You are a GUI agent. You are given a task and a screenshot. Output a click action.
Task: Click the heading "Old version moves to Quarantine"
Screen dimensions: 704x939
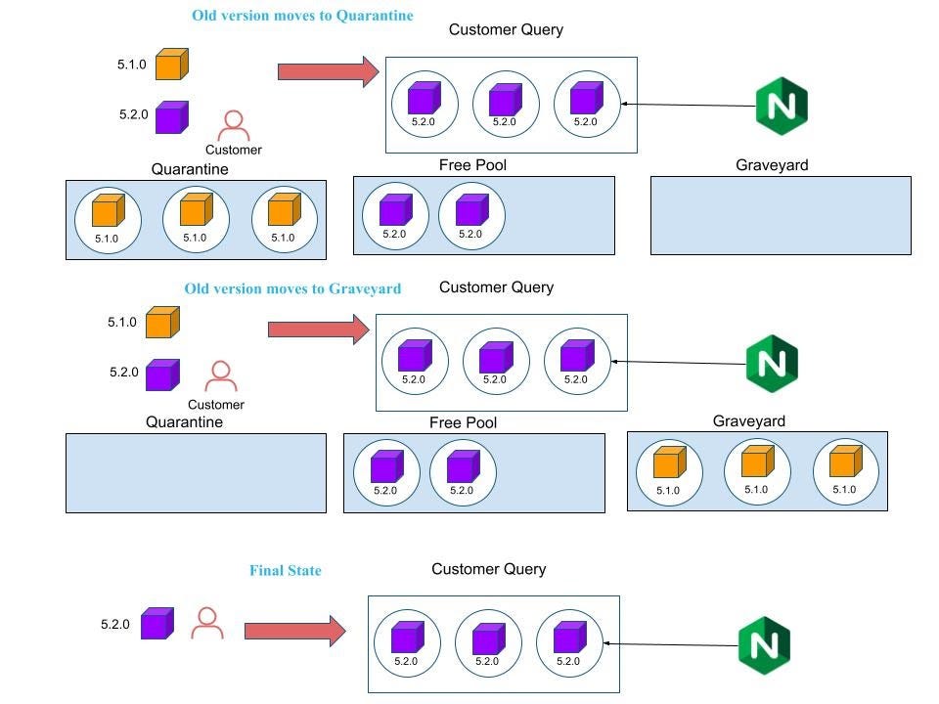pos(301,16)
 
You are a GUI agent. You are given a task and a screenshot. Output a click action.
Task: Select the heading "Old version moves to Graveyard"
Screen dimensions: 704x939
pos(292,289)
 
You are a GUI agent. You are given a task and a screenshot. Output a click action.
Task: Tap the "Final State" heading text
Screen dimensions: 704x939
pos(285,571)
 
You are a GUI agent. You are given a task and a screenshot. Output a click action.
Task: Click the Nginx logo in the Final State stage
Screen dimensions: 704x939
pos(764,644)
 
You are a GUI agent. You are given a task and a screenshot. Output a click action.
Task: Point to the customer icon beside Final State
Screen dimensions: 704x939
pos(206,624)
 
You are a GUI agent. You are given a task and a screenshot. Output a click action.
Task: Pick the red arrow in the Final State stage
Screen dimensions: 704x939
pos(294,631)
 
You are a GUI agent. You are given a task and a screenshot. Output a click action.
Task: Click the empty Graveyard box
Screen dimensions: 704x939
pos(781,215)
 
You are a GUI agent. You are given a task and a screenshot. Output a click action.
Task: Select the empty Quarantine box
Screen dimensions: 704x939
pos(196,473)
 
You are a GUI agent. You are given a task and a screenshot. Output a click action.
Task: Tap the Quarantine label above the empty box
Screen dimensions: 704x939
pos(184,422)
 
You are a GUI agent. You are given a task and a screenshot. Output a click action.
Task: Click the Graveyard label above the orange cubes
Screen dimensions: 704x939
pos(748,421)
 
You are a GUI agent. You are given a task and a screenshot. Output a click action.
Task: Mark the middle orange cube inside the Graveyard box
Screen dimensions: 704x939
pos(757,462)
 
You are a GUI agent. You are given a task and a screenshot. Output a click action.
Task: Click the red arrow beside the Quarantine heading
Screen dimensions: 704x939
pos(328,71)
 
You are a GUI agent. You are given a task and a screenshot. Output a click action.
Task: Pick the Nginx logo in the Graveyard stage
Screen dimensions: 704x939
pos(772,363)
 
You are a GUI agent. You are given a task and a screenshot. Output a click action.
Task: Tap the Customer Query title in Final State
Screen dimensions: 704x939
pos(488,569)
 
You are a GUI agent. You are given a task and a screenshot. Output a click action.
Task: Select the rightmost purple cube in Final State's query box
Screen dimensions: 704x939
pos(568,638)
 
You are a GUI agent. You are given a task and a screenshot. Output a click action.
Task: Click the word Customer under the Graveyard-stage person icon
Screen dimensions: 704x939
pos(216,405)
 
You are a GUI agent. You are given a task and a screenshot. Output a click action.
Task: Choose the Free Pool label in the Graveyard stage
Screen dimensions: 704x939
pos(463,423)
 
